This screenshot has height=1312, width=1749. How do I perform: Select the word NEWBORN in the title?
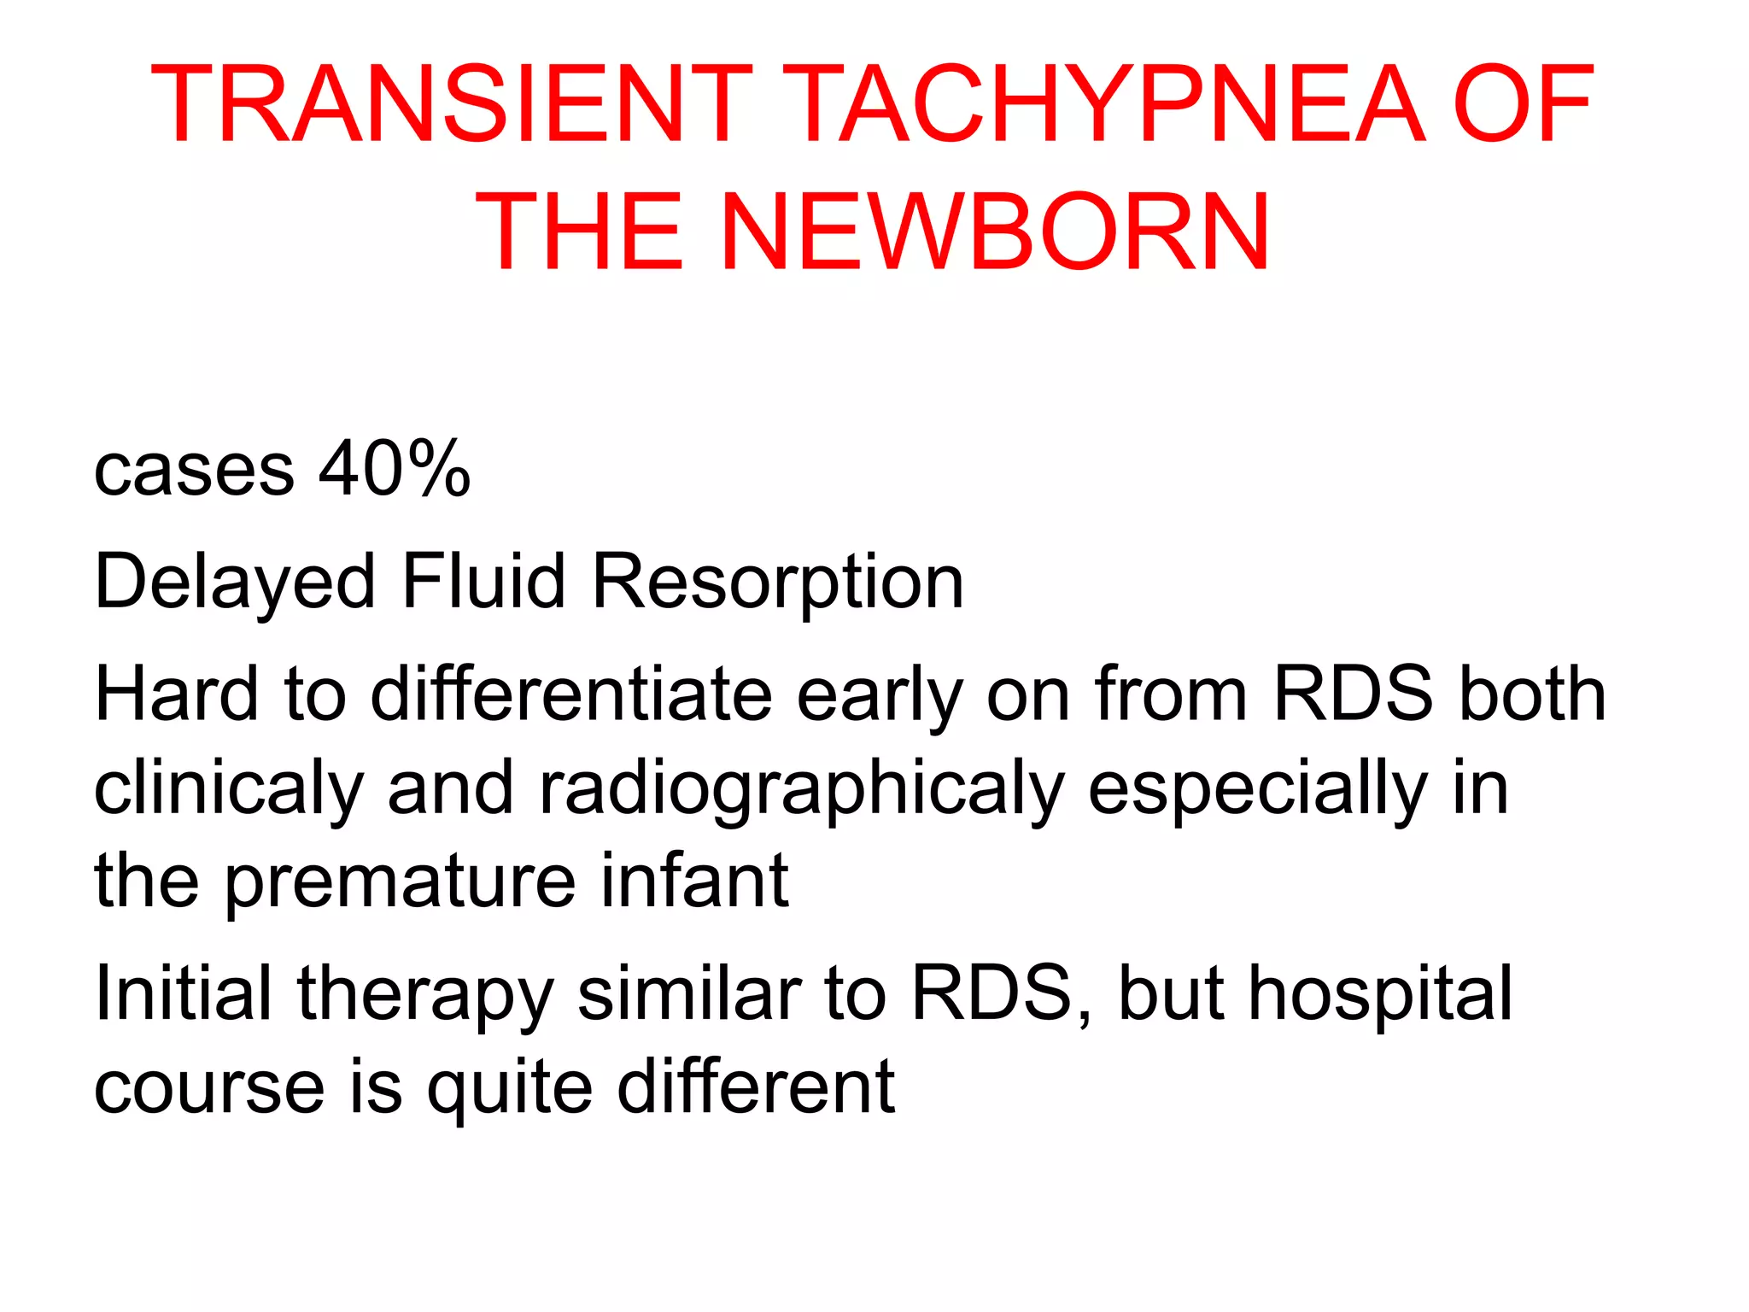coord(996,232)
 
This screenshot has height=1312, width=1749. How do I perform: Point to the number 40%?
coord(395,469)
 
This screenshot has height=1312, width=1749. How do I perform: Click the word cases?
coord(194,471)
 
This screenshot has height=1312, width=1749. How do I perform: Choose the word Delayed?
coord(235,583)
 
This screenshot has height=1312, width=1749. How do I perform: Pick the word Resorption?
coord(778,583)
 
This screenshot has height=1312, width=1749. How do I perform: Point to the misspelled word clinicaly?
coord(229,789)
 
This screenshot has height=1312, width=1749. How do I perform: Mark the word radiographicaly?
coord(802,789)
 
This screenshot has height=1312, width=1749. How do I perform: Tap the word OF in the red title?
coord(1523,104)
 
